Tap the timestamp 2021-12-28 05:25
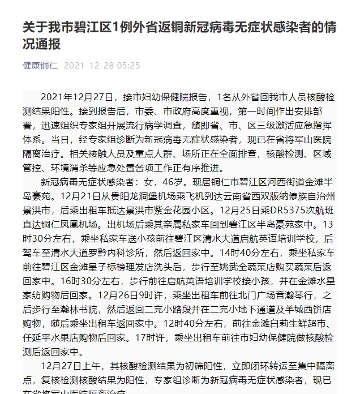point(102,65)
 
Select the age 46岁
point(196,183)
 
